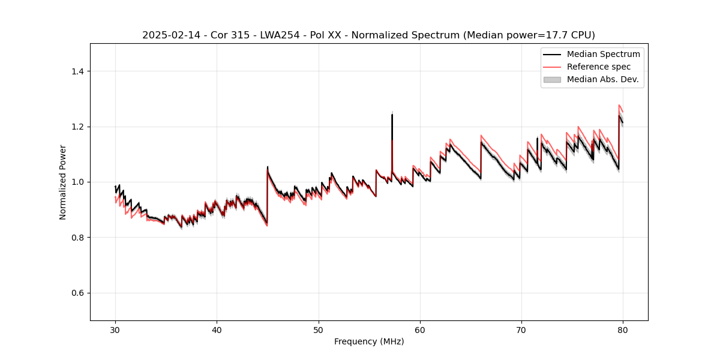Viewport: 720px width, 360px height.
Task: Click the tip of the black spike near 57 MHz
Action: click(x=392, y=115)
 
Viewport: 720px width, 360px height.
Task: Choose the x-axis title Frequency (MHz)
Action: click(x=369, y=341)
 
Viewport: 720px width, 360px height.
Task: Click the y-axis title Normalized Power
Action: click(x=63, y=182)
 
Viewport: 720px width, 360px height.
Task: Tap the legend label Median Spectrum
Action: click(x=603, y=54)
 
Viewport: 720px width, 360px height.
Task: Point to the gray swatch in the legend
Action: click(x=552, y=79)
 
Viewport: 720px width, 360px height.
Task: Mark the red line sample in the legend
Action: click(x=552, y=67)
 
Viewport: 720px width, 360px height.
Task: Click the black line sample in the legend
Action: click(x=552, y=54)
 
